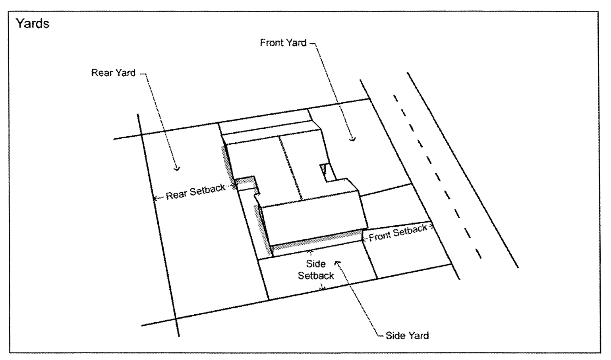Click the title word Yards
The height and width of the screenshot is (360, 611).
coord(33,24)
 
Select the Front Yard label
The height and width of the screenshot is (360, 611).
coord(283,43)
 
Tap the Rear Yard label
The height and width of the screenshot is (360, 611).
coord(113,73)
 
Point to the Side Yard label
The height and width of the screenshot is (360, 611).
coord(407,335)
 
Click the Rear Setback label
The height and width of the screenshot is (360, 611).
coord(195,192)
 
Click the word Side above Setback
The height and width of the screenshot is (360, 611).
coord(316,264)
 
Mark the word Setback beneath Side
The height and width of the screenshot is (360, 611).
coord(316,275)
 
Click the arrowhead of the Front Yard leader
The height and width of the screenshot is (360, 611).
coord(352,139)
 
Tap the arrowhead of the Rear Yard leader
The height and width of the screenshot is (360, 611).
coord(177,169)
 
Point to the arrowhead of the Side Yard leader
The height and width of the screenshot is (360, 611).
coord(338,262)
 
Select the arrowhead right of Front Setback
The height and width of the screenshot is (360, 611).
coord(431,227)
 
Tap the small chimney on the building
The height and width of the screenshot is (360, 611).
coord(325,168)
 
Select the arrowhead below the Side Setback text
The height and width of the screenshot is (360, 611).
coord(323,289)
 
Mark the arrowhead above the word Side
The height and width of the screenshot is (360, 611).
coord(310,252)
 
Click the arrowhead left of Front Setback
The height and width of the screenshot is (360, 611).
coord(364,239)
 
